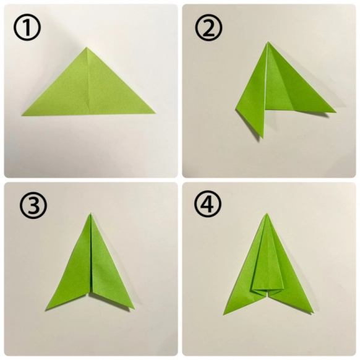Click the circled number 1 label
pyautogui.click(x=27, y=27)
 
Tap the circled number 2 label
pyautogui.click(x=208, y=27)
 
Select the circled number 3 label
pyautogui.click(x=33, y=205)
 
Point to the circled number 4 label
pyautogui.click(x=208, y=204)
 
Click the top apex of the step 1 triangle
pyautogui.click(x=87, y=47)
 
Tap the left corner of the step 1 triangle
pyautogui.click(x=22, y=115)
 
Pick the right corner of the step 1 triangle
pyautogui.click(x=155, y=113)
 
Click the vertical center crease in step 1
pyautogui.click(x=87, y=80)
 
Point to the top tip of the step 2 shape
pyautogui.click(x=268, y=42)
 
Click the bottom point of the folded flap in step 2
pyautogui.click(x=263, y=138)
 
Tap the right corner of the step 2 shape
pyautogui.click(x=336, y=113)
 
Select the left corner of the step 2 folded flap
pyautogui.click(x=236, y=109)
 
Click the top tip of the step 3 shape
pyautogui.click(x=91, y=213)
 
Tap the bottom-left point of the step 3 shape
pyautogui.click(x=46, y=309)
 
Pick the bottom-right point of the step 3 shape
pyautogui.click(x=135, y=309)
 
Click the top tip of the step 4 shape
pyautogui.click(x=267, y=213)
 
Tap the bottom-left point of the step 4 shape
pyautogui.click(x=223, y=315)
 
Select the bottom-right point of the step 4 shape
pyautogui.click(x=314, y=313)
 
